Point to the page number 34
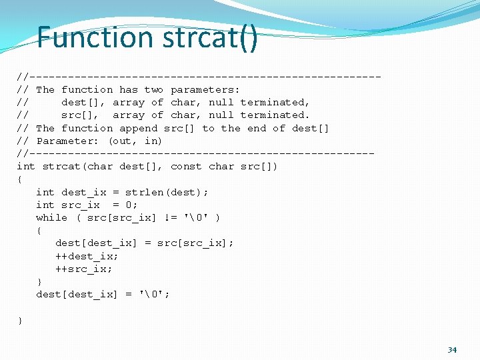click(452, 349)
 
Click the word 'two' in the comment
click(153, 89)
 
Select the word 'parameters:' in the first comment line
click(205, 89)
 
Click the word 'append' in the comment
click(138, 128)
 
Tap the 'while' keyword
click(51, 217)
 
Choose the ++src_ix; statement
click(84, 269)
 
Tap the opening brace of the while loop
click(39, 231)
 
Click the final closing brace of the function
click(20, 321)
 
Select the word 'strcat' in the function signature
click(61, 166)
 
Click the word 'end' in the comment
click(257, 128)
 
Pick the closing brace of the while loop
click(39, 282)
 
